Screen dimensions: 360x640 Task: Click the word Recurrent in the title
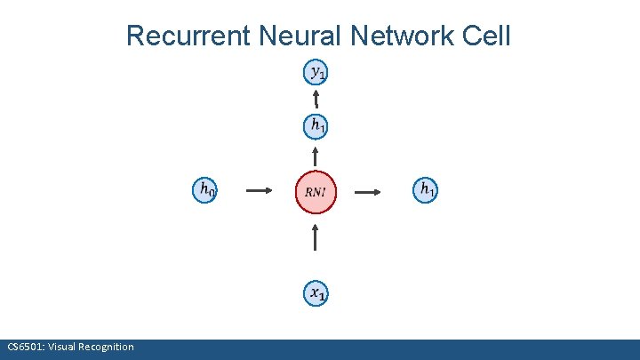[x=189, y=36]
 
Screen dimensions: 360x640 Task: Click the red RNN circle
[x=316, y=191]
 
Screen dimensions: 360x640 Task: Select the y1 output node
[x=316, y=72]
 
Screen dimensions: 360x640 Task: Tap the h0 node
[x=206, y=189]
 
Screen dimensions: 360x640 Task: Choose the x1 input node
[x=316, y=292]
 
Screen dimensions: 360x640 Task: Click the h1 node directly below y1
[x=316, y=127]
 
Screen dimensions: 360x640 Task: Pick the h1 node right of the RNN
[x=427, y=189]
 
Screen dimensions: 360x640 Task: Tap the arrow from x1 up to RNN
[x=316, y=238]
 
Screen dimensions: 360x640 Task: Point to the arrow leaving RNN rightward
[x=370, y=190]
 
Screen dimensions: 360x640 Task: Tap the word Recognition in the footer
[x=107, y=347]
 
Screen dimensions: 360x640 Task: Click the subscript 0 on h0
[x=213, y=193]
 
